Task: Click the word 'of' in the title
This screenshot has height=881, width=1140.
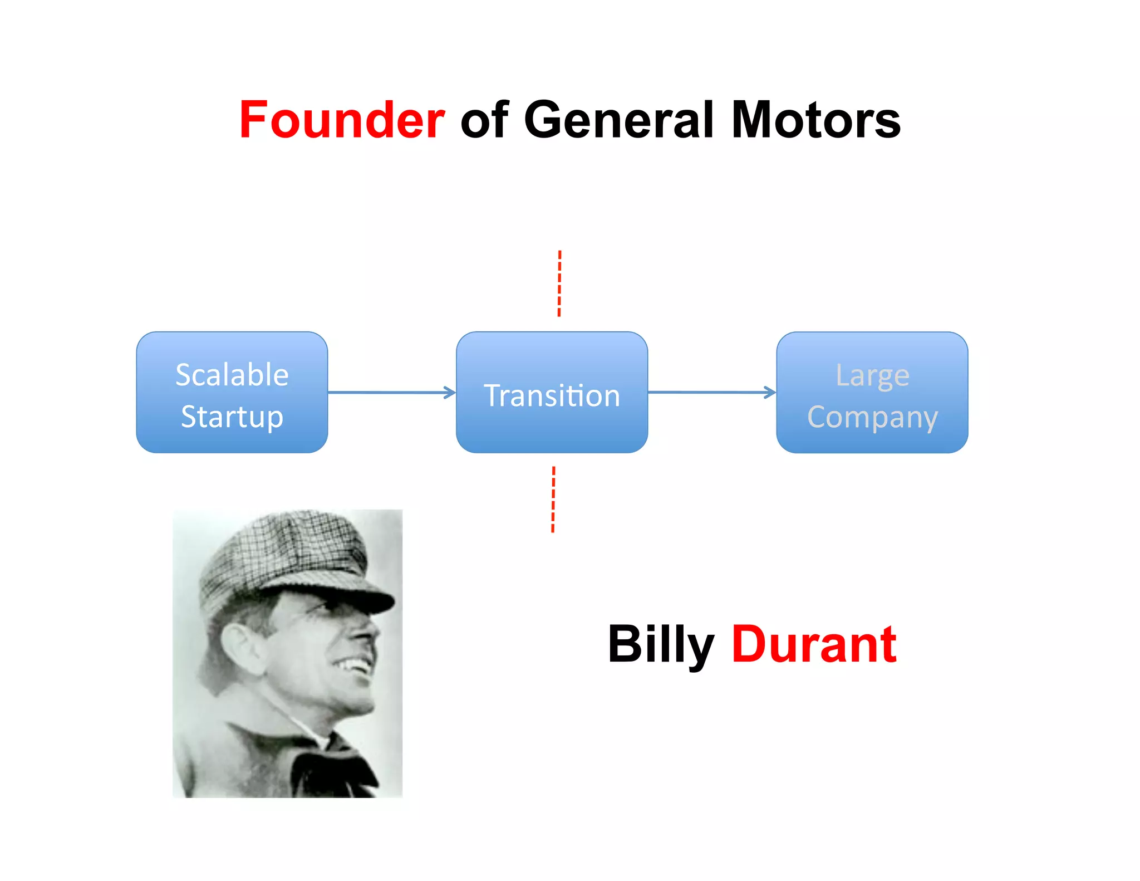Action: click(484, 120)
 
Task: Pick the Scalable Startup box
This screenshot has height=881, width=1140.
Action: click(232, 392)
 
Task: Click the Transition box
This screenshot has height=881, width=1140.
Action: click(552, 392)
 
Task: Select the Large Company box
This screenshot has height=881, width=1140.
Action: click(872, 392)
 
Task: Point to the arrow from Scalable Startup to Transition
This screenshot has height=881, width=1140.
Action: click(391, 393)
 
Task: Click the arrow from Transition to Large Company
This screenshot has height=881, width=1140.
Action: click(711, 393)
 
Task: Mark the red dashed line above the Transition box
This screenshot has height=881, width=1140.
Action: click(559, 283)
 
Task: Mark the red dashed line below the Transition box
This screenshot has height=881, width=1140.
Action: click(553, 500)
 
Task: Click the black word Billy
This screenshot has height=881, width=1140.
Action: click(661, 645)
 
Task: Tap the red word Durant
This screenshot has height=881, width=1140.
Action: click(813, 645)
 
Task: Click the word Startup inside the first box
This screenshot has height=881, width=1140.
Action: click(232, 417)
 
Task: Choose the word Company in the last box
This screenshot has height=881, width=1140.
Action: click(872, 417)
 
